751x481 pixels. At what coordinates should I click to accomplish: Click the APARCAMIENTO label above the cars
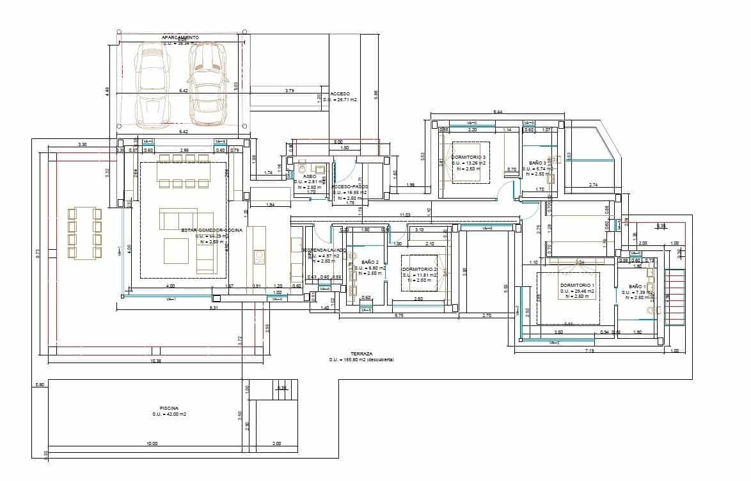(x=180, y=38)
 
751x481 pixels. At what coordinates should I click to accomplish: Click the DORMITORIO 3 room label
(x=468, y=157)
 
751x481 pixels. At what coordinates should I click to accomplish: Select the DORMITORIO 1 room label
(x=577, y=285)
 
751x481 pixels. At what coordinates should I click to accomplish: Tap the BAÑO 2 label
(x=370, y=263)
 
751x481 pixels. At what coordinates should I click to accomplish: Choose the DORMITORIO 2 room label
(x=420, y=270)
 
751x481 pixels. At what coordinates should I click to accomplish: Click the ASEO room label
(x=310, y=175)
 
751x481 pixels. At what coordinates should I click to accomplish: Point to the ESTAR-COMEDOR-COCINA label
(x=212, y=230)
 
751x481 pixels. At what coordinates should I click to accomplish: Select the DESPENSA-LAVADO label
(x=324, y=250)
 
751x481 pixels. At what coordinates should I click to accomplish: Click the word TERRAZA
(x=362, y=354)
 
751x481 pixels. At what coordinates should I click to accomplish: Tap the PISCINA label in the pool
(x=169, y=408)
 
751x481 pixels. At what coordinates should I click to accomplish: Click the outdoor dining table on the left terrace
(x=84, y=233)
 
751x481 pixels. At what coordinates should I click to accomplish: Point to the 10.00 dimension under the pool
(x=152, y=444)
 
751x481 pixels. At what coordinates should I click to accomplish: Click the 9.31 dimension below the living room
(x=214, y=308)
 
